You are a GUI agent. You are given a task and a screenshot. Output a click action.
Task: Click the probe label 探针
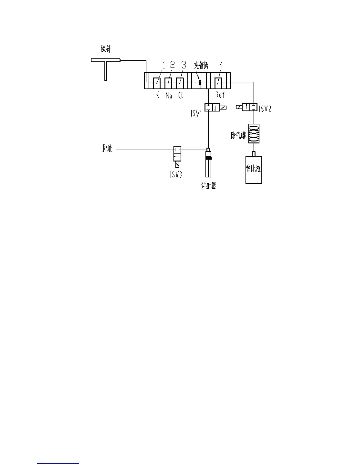click(x=106, y=49)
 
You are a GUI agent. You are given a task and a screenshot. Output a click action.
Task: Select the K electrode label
click(x=157, y=95)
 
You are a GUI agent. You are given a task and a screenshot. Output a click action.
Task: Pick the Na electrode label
click(x=169, y=95)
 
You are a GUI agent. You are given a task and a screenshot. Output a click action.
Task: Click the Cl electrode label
click(x=180, y=95)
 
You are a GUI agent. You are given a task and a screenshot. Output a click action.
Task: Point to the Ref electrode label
click(x=220, y=95)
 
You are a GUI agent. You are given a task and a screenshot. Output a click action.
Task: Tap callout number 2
click(x=173, y=65)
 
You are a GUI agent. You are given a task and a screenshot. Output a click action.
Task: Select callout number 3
click(x=184, y=65)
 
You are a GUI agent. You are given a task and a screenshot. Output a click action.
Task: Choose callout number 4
click(x=221, y=65)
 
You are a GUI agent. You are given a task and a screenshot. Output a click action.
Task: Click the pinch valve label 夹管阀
click(x=201, y=65)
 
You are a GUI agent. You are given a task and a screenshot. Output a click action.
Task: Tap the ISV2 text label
click(x=265, y=109)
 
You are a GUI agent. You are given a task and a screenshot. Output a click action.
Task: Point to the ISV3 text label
click(x=176, y=174)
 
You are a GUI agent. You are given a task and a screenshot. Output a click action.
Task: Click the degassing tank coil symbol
click(x=254, y=134)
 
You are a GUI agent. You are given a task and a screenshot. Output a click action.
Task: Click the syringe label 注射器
click(x=209, y=186)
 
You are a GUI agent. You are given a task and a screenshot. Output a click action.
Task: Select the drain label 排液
click(x=107, y=149)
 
